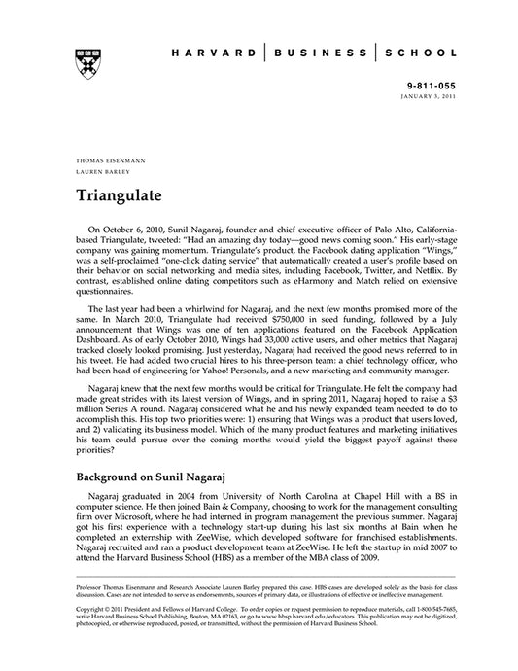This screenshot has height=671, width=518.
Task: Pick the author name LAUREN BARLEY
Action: click(x=99, y=169)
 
